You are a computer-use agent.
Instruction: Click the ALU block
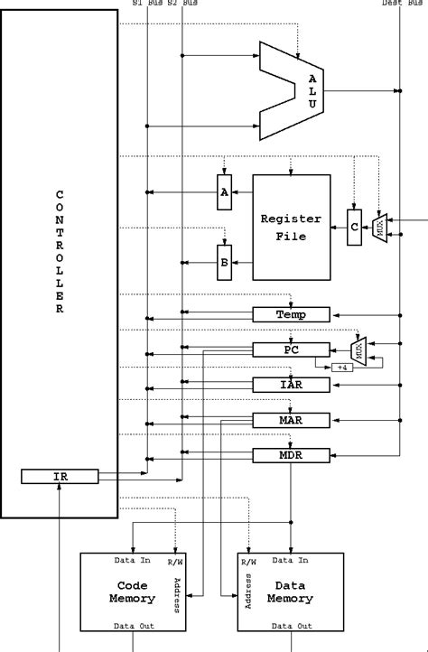298,89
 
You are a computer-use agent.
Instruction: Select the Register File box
290,228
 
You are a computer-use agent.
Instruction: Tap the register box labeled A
224,191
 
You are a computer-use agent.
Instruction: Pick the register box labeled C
355,228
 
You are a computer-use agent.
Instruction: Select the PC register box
290,349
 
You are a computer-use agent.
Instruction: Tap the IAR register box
290,385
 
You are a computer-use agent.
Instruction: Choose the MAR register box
290,420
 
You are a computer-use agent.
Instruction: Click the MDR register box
290,455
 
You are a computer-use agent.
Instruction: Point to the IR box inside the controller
60,476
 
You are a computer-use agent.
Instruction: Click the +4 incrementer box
341,367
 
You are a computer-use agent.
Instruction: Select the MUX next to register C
380,228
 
